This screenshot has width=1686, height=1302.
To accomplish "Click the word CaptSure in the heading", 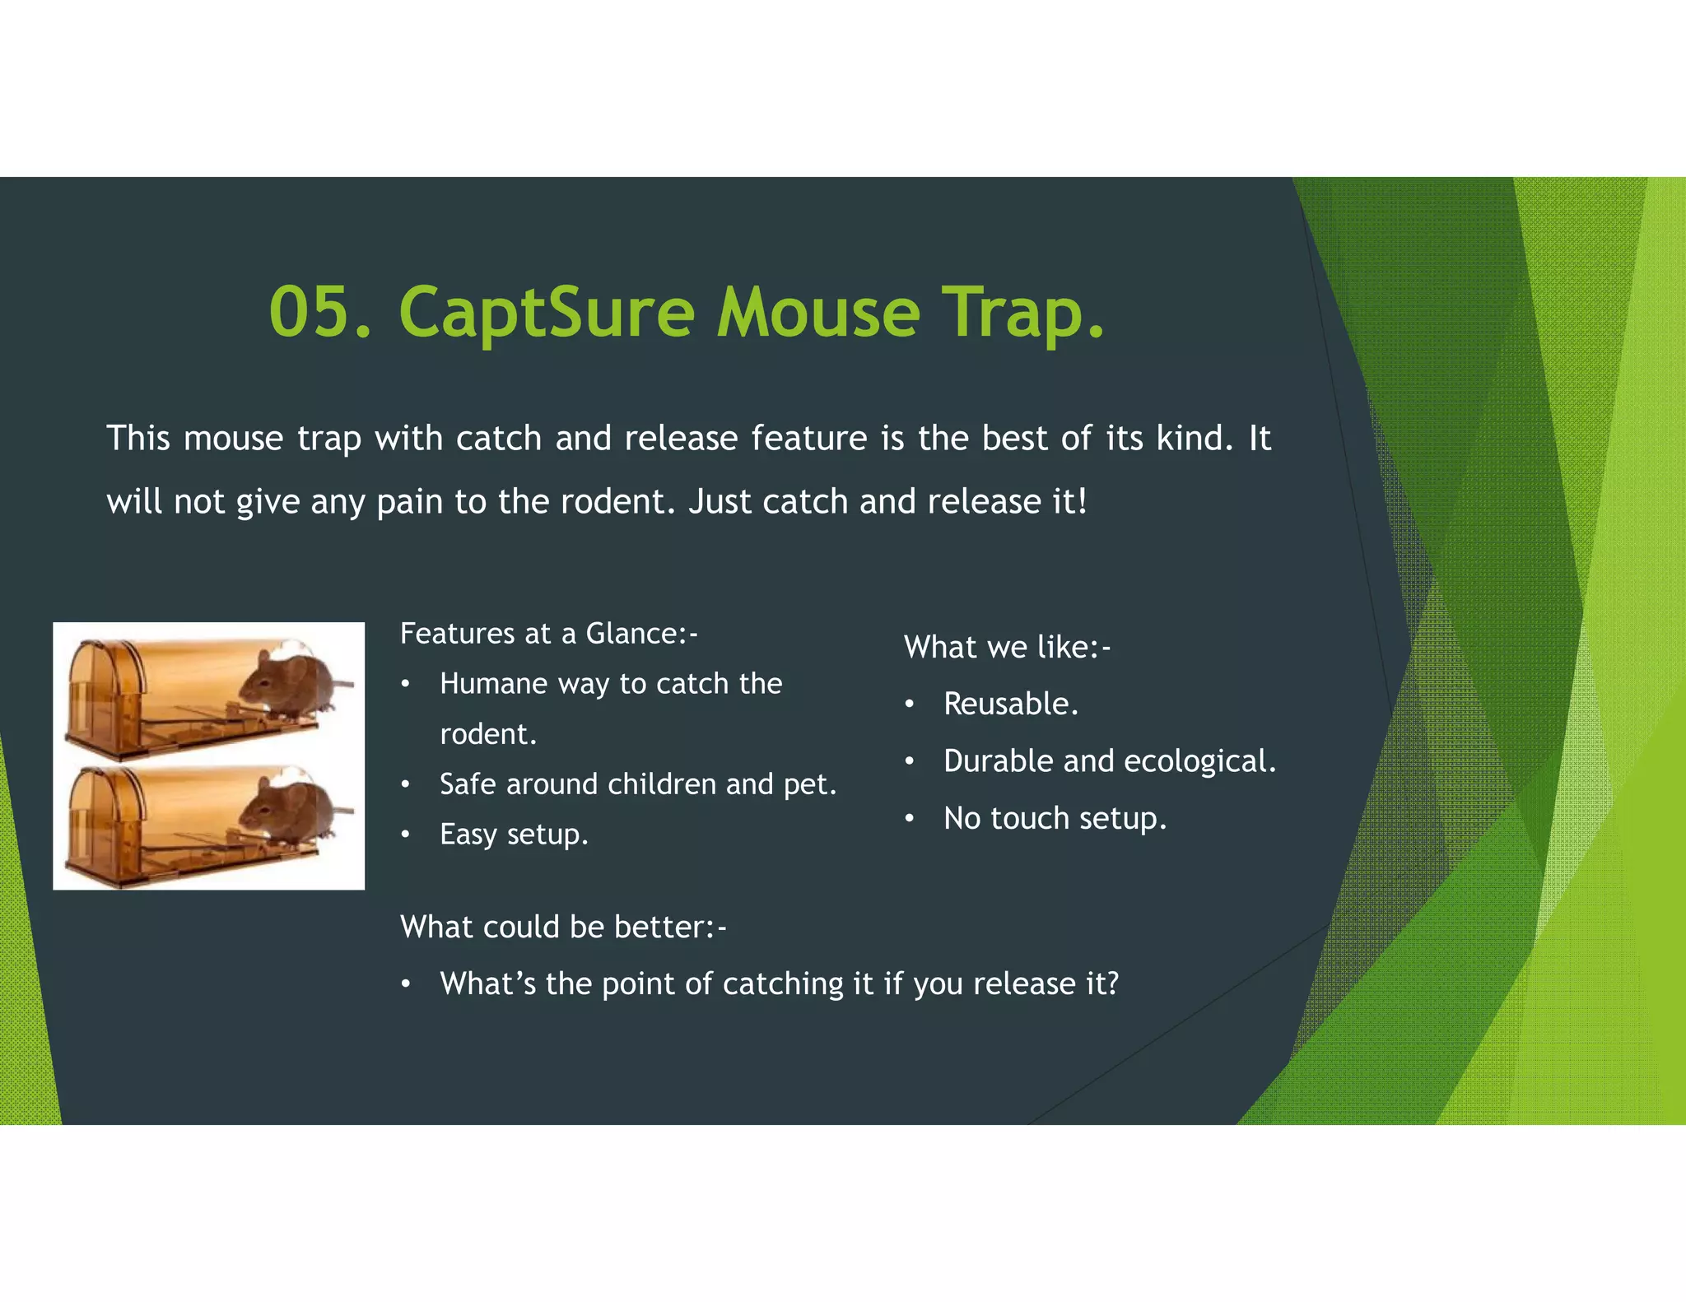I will (547, 313).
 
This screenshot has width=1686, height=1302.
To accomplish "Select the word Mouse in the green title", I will (817, 313).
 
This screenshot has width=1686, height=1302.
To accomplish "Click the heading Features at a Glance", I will (548, 634).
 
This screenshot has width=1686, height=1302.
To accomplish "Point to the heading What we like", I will (1007, 648).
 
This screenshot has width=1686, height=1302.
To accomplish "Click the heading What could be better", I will (563, 928).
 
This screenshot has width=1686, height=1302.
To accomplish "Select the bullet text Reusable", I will (1010, 704).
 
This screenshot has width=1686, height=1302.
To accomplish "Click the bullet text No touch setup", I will (1055, 819).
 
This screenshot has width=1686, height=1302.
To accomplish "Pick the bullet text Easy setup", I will (514, 835).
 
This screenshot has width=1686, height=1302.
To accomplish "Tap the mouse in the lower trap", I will (288, 811).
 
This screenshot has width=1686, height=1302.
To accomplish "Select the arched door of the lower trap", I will (99, 815).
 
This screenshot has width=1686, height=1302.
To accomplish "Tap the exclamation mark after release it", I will (1082, 501).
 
